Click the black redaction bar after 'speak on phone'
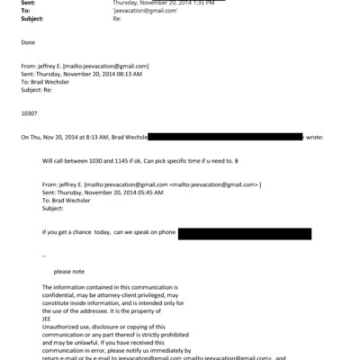pyautogui.click(x=245, y=233)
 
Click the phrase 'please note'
pyautogui.click(x=69, y=271)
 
